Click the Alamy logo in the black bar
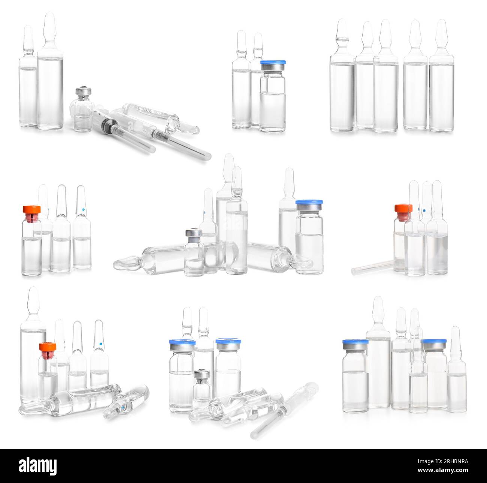(37, 466)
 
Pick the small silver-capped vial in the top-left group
(83, 111)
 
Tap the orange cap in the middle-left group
(32, 209)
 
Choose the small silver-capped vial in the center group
(194, 253)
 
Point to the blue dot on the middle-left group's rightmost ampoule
(83, 209)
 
